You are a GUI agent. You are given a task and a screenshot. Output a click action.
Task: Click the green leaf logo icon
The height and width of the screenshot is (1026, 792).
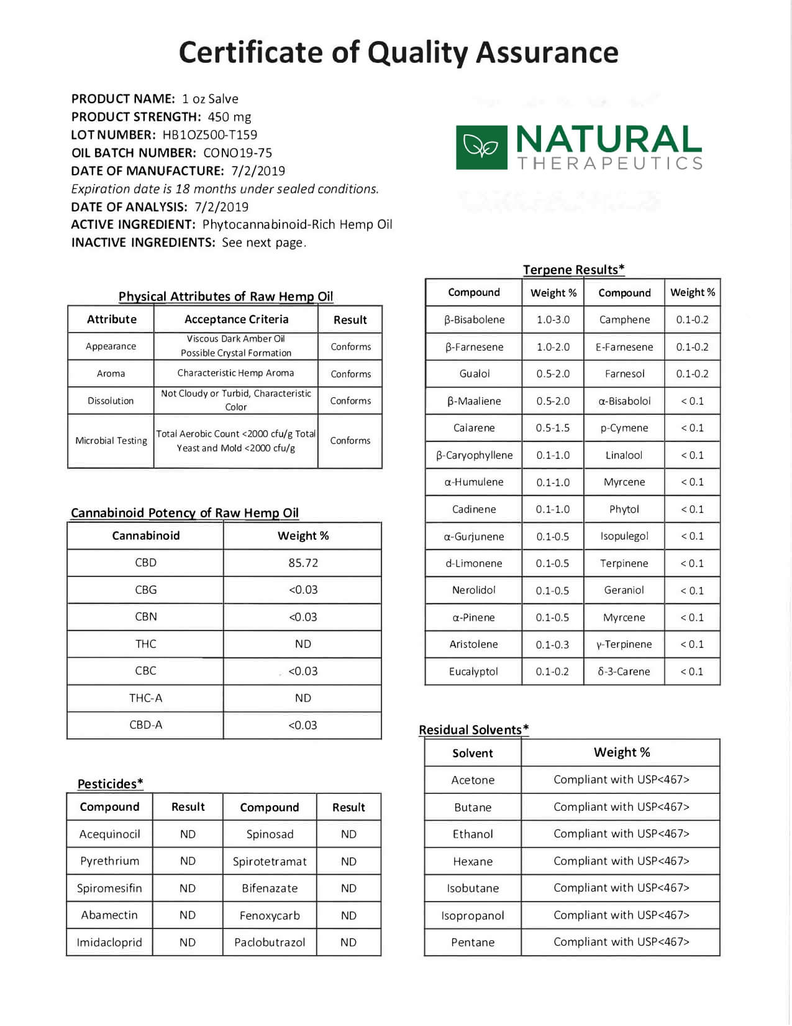(x=481, y=147)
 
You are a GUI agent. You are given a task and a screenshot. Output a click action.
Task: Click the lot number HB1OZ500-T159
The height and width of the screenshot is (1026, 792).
(x=209, y=135)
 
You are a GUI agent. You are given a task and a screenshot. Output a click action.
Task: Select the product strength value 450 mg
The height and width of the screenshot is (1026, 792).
(x=229, y=117)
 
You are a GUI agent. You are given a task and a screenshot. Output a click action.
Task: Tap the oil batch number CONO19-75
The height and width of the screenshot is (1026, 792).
(x=237, y=153)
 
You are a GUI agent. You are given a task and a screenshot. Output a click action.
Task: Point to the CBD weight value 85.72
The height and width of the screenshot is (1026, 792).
(x=303, y=563)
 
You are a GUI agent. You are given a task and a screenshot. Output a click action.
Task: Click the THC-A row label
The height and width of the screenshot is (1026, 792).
(x=145, y=698)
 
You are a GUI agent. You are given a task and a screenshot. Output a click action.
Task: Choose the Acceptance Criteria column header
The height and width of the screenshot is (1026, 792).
(x=236, y=320)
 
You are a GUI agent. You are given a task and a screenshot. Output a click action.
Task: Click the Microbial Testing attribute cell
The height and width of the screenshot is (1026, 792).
(x=111, y=441)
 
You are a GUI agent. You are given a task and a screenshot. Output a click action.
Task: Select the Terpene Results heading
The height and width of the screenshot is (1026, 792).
(x=573, y=270)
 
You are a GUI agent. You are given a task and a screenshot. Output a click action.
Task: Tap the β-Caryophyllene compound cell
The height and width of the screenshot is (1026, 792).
(x=474, y=455)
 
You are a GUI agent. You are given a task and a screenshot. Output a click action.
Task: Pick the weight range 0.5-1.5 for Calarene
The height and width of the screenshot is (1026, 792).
(x=553, y=428)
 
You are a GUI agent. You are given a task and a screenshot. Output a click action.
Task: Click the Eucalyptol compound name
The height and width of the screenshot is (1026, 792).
(x=473, y=672)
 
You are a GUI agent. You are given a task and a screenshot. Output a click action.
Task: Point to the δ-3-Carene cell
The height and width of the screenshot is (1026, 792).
(x=624, y=672)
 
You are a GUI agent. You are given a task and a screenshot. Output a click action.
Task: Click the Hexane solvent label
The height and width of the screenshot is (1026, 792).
(x=473, y=861)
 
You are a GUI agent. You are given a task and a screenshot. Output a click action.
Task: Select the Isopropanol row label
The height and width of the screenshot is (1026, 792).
(x=473, y=915)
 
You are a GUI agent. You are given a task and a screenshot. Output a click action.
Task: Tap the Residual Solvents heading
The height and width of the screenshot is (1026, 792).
(x=473, y=730)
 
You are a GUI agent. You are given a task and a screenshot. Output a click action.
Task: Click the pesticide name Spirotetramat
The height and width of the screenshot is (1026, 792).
(x=270, y=861)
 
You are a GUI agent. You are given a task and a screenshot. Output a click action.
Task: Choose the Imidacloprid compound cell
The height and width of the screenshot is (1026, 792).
(x=109, y=943)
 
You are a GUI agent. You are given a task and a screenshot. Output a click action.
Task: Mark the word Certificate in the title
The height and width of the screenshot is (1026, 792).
(x=250, y=52)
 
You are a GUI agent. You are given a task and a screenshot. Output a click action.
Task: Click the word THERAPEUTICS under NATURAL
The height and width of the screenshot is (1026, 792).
(x=610, y=164)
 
